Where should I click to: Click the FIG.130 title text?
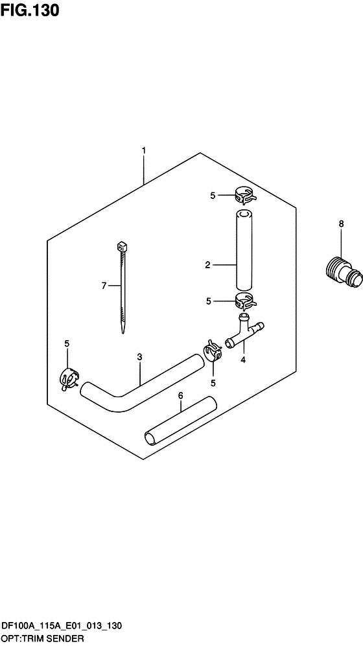pos(30,10)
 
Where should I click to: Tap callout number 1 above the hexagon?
pos(143,151)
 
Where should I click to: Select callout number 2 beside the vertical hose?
pos(207,265)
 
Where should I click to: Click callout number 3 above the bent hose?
pos(139,357)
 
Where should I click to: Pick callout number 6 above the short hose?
pos(180,396)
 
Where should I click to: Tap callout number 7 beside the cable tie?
pos(104,285)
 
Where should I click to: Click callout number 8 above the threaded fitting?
pos(341,224)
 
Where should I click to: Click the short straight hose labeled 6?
pos(180,421)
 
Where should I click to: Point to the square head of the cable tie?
pos(123,246)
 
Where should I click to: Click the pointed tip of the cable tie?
pos(123,332)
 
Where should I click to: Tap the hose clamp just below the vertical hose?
pos(246,302)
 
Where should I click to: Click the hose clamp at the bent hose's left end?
pos(69,378)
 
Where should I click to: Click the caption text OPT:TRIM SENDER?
pos(43,639)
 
